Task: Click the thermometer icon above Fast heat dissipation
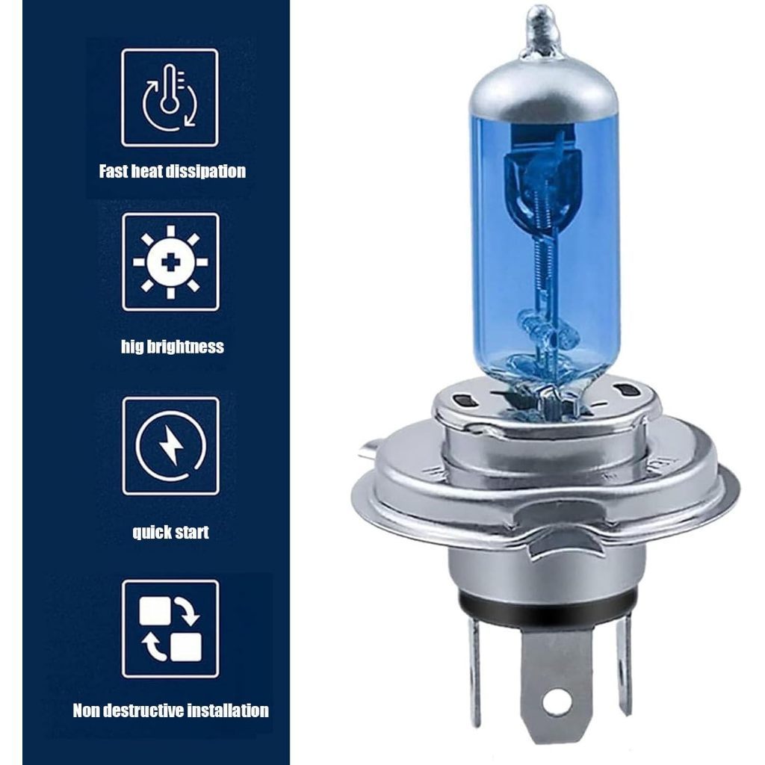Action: point(170,97)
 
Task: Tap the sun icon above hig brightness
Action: point(170,262)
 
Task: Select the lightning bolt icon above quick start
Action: point(171,445)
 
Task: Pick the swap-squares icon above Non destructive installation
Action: point(171,629)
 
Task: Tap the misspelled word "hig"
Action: point(133,347)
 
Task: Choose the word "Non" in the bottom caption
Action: point(87,710)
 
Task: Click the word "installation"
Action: point(229,710)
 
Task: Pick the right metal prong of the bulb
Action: point(624,663)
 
